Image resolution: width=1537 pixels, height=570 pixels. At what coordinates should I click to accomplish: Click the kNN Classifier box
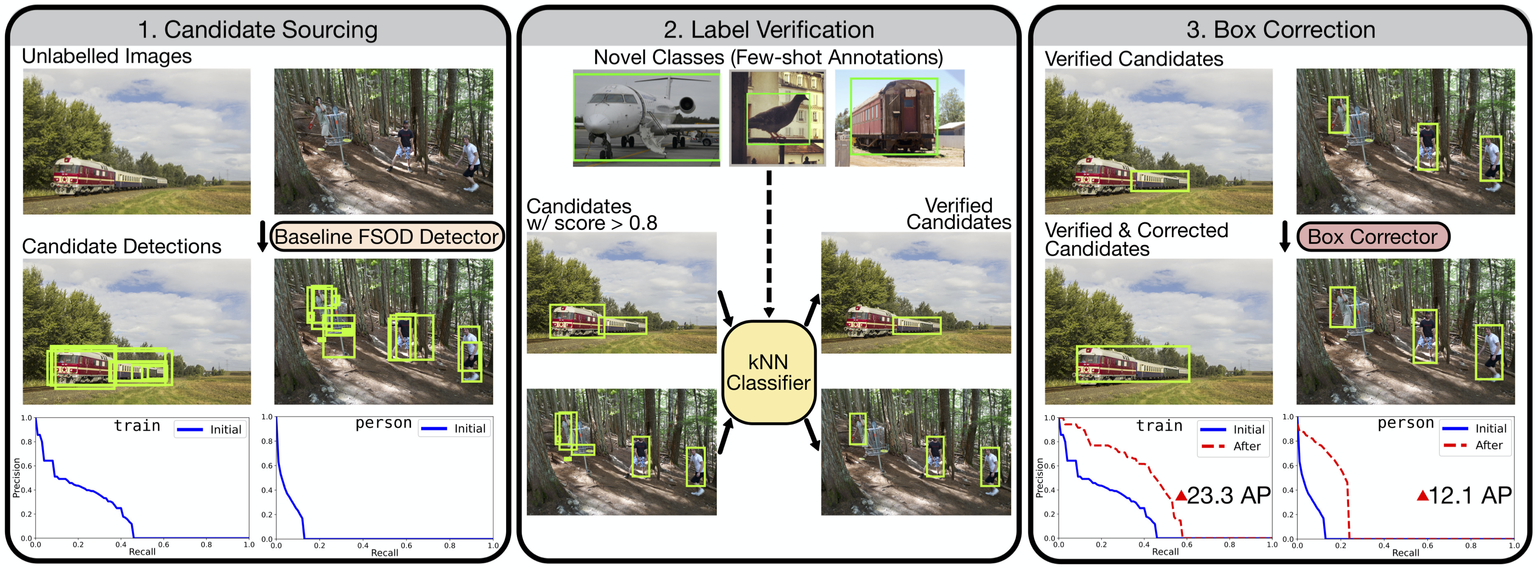768,372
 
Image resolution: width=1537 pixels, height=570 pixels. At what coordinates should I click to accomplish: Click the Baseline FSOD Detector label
386,237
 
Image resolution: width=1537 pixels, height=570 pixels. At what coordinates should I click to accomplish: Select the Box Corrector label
1372,237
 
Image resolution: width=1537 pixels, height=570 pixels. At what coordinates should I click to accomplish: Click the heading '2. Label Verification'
768,30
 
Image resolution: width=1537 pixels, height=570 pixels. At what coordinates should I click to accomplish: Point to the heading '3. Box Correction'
1281,30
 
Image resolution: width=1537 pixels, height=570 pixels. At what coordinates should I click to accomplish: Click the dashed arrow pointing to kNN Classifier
769,245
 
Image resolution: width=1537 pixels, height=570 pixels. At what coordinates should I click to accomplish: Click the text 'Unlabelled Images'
107,56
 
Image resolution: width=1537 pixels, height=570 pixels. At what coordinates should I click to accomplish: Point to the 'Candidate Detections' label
121,246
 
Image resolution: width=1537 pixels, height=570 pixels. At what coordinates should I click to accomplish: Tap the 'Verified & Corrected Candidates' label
1136,239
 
